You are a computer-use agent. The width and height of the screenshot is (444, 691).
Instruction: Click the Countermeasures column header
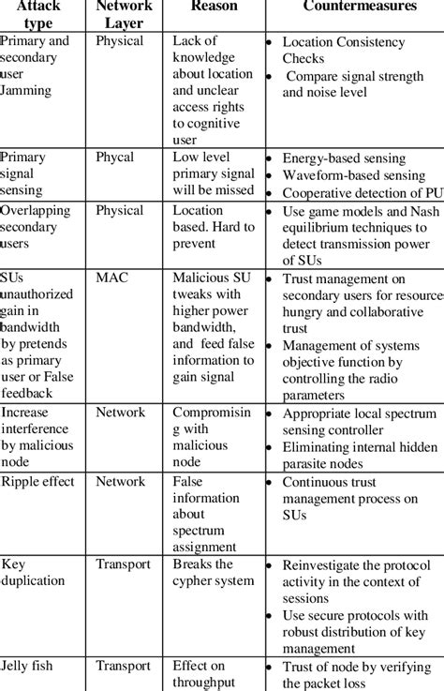351,7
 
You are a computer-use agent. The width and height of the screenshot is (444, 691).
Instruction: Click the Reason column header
214,7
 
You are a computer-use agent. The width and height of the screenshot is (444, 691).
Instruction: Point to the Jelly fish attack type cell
27,667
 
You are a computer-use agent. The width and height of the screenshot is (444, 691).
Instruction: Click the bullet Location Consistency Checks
343,51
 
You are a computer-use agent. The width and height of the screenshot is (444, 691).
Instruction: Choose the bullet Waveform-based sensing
353,175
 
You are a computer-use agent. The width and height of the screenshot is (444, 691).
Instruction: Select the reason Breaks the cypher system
213,573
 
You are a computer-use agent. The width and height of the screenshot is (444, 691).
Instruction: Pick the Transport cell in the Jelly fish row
123,667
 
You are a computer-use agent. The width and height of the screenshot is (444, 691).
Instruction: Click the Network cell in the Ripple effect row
121,481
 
